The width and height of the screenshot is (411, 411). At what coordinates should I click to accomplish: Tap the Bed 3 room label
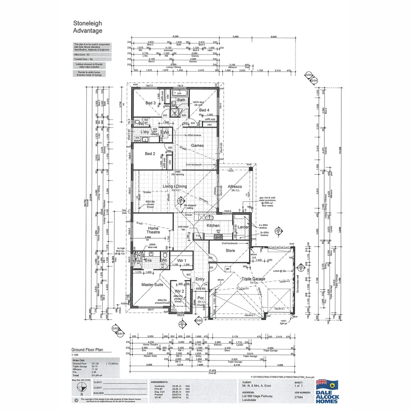pos(150,103)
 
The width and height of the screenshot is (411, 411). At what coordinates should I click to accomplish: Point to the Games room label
pos(197,145)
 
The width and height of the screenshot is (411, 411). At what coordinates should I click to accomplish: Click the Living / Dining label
pos(175,186)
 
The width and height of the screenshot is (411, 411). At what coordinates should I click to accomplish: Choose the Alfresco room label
pos(235,186)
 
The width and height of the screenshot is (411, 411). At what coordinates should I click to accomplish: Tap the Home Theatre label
pos(153,229)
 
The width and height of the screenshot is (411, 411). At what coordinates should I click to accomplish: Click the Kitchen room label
pos(213,226)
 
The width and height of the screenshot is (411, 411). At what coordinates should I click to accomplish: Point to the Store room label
pos(230,251)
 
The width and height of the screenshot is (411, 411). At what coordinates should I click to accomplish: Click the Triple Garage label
pos(253,279)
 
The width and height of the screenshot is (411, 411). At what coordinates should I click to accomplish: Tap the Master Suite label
pos(152,285)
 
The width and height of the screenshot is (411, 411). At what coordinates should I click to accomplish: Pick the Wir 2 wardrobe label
pos(178,291)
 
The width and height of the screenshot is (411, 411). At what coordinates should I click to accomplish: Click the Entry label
pos(200,279)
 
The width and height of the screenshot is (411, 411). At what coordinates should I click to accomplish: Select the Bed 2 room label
pos(150,154)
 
